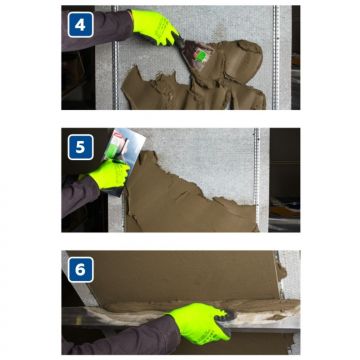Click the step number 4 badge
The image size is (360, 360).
click(80, 25)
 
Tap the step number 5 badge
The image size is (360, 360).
click(80, 147)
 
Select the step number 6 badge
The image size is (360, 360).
click(80, 270)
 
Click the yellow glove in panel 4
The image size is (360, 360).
click(155, 27)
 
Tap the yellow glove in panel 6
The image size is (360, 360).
click(200, 322)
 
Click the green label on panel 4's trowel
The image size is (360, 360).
click(201, 56)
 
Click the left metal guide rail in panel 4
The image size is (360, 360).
click(115, 57)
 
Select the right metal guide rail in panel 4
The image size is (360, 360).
click(275, 57)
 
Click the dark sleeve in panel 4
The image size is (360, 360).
click(97, 30)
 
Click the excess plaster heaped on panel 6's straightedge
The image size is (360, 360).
click(200, 307)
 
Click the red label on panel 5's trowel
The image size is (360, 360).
click(118, 136)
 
